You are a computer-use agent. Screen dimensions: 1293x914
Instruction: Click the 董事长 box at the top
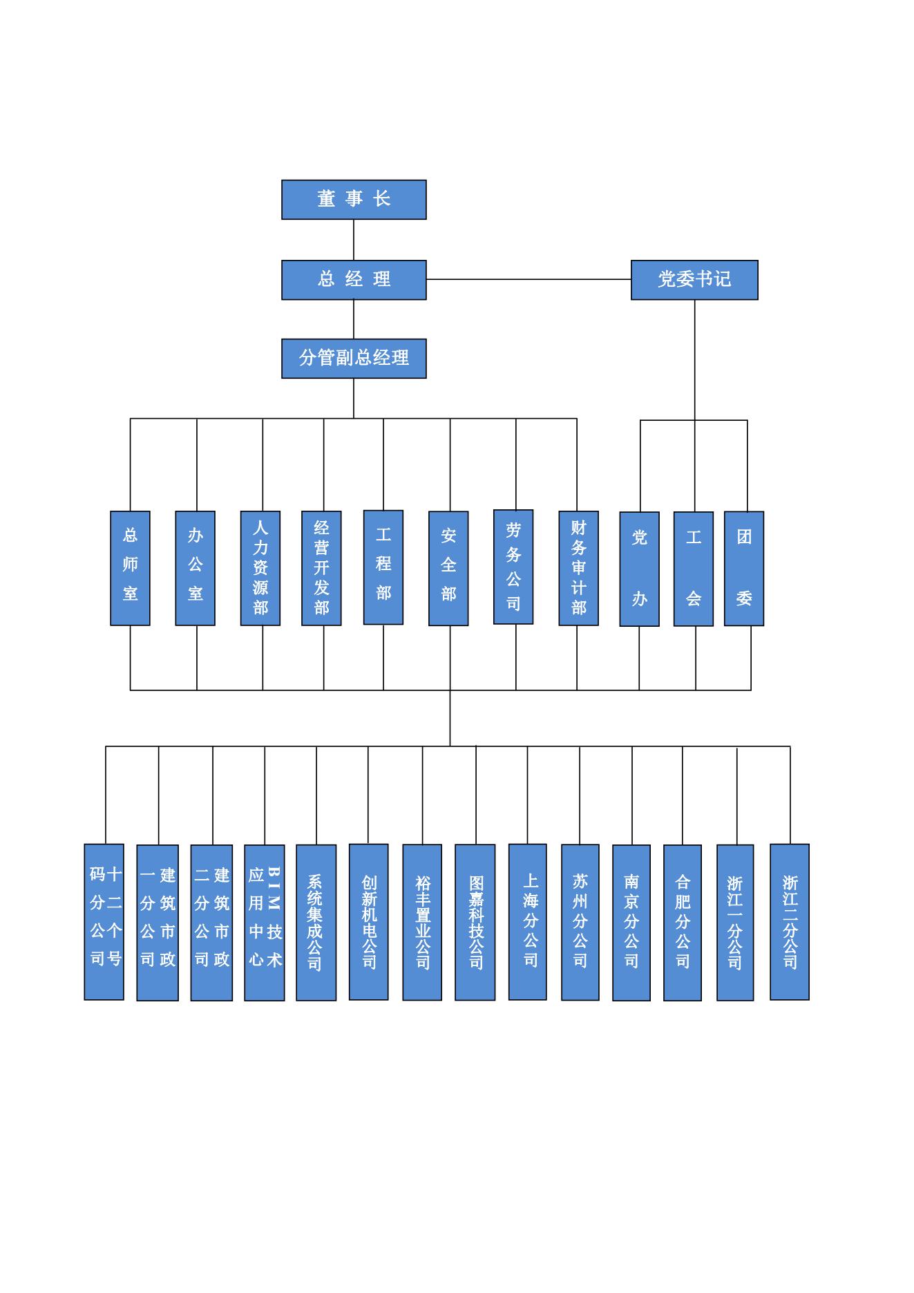tap(354, 200)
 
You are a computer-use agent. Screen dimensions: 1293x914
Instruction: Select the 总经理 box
tap(354, 280)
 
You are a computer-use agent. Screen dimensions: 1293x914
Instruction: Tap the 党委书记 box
tap(694, 280)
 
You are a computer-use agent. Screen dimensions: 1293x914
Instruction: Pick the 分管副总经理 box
tap(354, 359)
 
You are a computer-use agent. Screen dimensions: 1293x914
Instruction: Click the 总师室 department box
tap(130, 568)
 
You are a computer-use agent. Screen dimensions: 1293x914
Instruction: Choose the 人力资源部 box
tap(260, 568)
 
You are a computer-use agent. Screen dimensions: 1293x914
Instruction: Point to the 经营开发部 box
tap(321, 568)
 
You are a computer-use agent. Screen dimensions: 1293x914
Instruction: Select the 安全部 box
tap(448, 568)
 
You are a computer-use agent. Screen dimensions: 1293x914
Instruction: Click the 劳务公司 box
tap(513, 567)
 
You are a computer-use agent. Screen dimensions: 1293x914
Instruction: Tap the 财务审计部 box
tap(578, 568)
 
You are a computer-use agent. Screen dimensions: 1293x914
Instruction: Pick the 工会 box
tap(694, 569)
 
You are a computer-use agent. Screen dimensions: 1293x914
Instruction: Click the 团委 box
tap(744, 568)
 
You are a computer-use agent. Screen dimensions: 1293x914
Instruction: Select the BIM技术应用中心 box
tap(265, 923)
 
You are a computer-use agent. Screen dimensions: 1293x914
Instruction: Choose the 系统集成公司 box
tap(316, 923)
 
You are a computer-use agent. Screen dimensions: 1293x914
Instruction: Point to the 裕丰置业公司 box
tap(422, 923)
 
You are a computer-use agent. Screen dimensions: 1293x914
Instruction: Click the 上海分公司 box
tap(528, 922)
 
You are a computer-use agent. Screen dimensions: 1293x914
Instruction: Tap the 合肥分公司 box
tap(683, 923)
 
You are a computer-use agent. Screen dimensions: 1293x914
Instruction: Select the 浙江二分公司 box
tap(790, 922)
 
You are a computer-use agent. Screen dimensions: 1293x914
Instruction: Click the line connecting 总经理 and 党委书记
tap(529, 279)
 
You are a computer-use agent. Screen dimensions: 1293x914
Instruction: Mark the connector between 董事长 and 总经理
tap(354, 240)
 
